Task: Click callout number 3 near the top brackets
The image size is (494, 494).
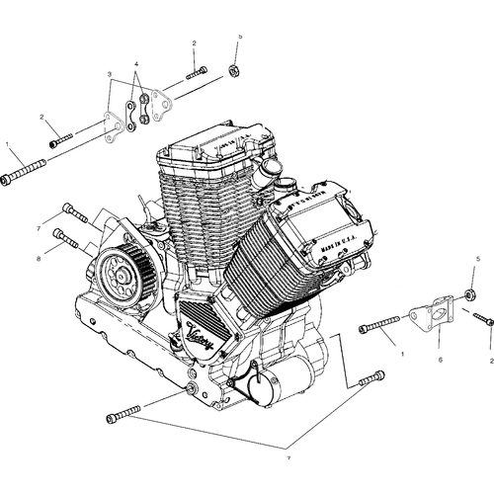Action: pos(110,74)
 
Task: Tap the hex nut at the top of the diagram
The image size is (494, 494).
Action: pos(235,70)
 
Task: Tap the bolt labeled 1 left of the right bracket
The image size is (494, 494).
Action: pos(380,322)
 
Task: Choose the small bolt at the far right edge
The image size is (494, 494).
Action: pos(482,318)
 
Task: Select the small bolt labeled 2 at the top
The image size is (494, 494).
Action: pos(195,72)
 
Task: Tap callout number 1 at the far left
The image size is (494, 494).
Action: pos(8,145)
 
